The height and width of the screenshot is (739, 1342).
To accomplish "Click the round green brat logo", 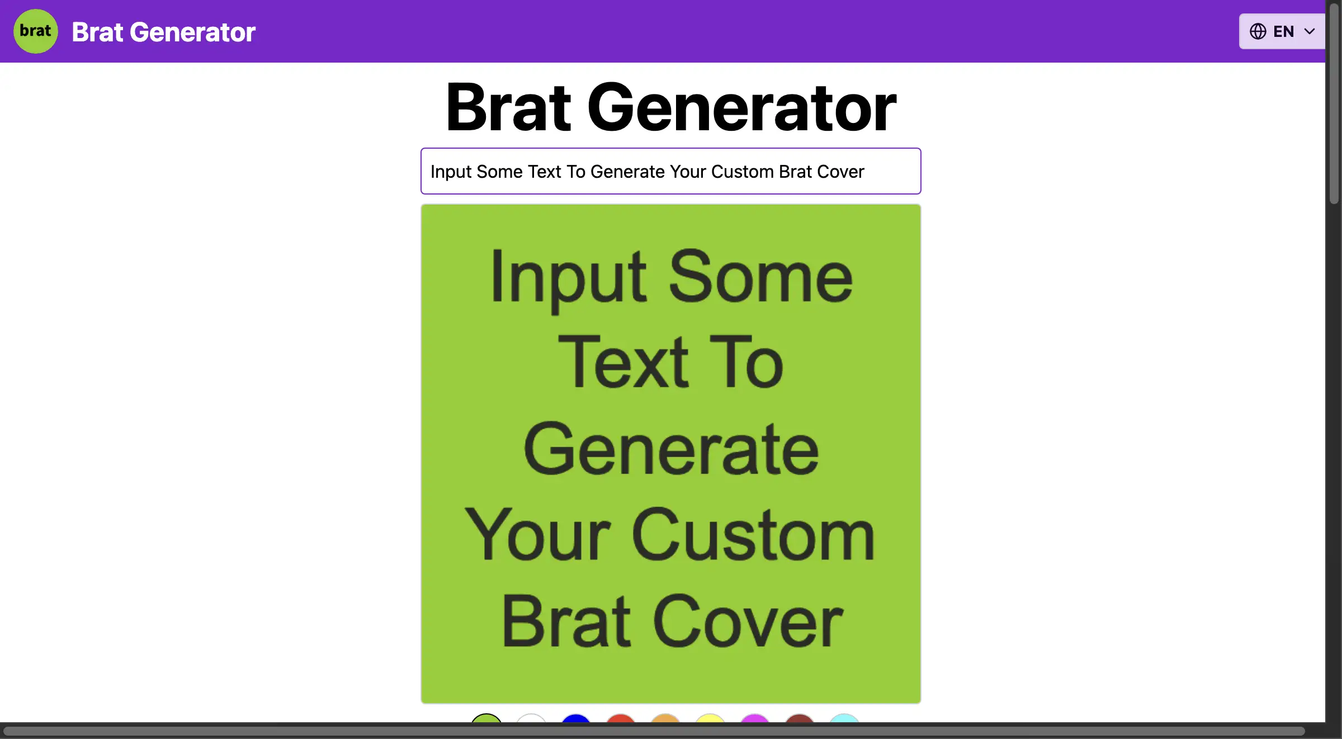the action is (36, 31).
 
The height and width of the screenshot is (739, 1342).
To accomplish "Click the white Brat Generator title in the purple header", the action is (164, 32).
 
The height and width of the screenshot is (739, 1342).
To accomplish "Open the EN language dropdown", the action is (1282, 31).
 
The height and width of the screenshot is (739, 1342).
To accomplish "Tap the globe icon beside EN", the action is (1258, 31).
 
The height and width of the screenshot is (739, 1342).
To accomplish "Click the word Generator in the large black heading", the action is (741, 107).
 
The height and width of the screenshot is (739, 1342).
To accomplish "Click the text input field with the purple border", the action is (671, 171).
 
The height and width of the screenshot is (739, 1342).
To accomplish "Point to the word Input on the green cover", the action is (569, 280).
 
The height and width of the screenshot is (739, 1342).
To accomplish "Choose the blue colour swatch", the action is (576, 718).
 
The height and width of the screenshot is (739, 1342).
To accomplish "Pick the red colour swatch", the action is (621, 718).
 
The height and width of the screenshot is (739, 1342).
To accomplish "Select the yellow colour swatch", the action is (710, 718).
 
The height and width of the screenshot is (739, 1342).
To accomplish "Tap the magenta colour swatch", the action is (755, 718).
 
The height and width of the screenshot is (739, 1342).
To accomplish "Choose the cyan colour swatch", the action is (844, 718).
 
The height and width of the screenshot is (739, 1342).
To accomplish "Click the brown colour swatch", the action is (800, 718).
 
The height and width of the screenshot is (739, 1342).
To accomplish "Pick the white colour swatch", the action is (531, 718).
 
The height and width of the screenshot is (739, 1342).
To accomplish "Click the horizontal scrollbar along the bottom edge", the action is (654, 731).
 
